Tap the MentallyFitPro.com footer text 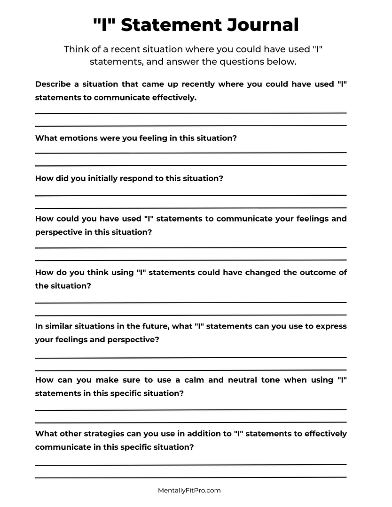(x=189, y=490)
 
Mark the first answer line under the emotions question (x=191, y=153)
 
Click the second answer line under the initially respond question (x=191, y=207)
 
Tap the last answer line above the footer (x=191, y=477)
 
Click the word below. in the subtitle (x=281, y=62)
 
